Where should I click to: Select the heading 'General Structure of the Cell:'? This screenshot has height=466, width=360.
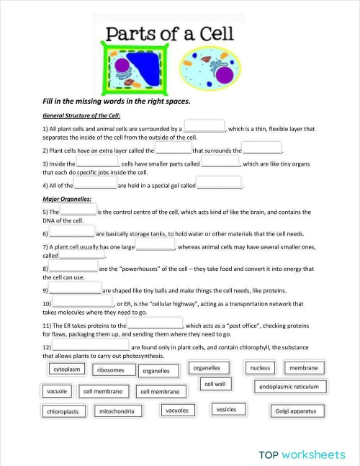[81, 115]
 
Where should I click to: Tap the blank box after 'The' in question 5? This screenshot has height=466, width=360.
[78, 210]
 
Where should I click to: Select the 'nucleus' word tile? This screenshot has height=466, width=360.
[261, 368]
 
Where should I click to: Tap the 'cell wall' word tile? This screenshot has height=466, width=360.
[215, 385]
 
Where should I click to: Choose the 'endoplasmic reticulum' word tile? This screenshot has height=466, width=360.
[288, 387]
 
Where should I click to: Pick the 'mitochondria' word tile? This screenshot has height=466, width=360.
[117, 411]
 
